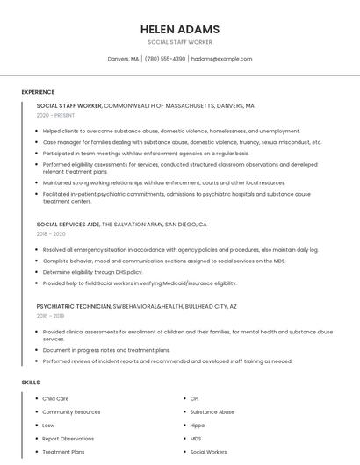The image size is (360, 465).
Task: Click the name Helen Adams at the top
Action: [179, 29]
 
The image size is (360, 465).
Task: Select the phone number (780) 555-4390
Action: [164, 59]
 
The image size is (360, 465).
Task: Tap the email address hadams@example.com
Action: [221, 59]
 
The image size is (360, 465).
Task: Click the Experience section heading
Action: [38, 92]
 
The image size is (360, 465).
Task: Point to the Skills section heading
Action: [31, 383]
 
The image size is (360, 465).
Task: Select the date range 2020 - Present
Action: [55, 115]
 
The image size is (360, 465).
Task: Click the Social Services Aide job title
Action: [68, 225]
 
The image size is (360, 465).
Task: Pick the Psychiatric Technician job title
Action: [74, 306]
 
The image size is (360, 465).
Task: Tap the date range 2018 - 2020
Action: [51, 234]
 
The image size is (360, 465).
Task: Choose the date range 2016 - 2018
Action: [50, 316]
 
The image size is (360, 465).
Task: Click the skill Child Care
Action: [55, 398]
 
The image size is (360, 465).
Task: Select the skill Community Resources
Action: [71, 411]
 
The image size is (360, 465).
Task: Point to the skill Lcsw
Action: [48, 426]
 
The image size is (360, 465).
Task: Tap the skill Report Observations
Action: [68, 439]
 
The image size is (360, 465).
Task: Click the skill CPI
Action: [194, 398]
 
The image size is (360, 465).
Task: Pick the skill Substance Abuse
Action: [212, 411]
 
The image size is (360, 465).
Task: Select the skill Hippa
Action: [198, 426]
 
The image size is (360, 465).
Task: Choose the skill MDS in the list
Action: [196, 439]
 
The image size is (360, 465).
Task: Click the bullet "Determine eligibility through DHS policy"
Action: [92, 272]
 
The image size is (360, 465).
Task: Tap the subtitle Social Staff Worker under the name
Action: [179, 42]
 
